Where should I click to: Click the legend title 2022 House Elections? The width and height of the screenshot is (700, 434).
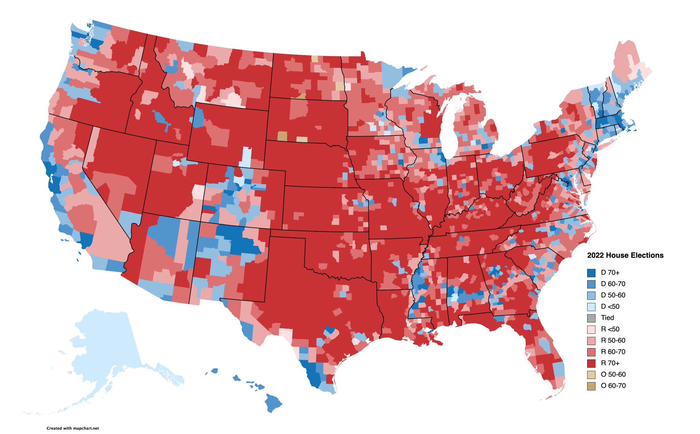625,255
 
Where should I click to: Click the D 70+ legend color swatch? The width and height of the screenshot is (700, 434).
591,273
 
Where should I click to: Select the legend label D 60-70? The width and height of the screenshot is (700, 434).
613,284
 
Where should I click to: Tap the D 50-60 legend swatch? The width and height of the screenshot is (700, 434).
591,295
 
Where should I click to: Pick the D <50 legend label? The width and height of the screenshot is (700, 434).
610,306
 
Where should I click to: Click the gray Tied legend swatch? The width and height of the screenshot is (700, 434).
591,318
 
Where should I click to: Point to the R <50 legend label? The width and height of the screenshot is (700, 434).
610,329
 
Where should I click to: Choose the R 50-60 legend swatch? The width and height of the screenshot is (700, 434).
591,340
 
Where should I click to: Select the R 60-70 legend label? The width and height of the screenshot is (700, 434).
613,352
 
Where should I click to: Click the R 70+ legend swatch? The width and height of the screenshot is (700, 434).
591,363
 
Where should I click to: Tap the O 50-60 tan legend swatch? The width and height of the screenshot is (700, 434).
591,374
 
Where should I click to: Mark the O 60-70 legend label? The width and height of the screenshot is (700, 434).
613,385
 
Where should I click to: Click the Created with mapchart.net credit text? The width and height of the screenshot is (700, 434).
72,428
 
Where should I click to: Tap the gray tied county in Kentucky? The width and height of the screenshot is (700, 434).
466,202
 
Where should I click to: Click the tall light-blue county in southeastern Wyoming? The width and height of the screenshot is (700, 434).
246,157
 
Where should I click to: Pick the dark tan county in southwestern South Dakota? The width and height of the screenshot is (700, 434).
282,136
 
